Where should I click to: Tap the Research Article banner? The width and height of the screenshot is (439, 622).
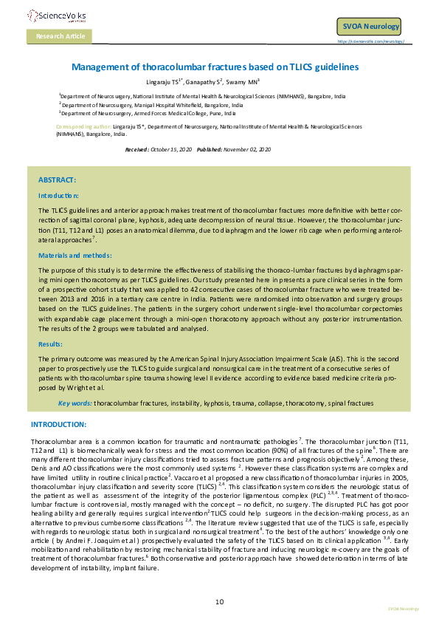61,35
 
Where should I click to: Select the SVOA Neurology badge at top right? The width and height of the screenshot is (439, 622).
371,27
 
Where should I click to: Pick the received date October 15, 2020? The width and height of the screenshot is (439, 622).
171,149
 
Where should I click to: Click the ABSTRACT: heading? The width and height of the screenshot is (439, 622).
57,180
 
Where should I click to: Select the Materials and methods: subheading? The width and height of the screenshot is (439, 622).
70,255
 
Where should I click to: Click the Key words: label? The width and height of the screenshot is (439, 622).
75,403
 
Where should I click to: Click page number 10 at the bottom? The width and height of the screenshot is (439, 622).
219,602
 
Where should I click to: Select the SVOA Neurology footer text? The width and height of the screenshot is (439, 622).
403,609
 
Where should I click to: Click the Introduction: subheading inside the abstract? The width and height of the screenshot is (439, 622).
58,195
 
